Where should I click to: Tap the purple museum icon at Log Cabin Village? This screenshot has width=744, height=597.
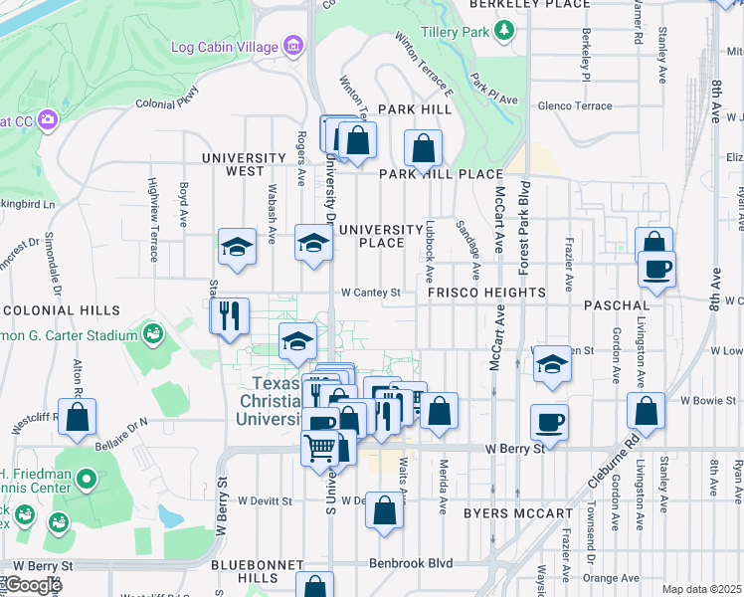292,46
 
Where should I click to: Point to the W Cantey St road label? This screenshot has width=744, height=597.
370,293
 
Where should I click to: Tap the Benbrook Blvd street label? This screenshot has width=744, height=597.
411,563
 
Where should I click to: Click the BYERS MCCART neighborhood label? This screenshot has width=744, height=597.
517,513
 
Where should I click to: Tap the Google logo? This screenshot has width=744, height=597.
33,585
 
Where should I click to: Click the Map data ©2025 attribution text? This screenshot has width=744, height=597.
701,589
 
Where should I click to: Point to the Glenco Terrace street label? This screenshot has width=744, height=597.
575,105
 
